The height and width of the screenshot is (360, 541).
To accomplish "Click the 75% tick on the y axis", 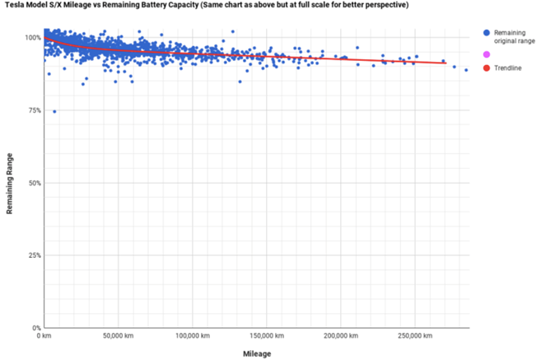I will point(31,110).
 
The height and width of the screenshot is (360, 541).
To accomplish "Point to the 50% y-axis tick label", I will point(31,183).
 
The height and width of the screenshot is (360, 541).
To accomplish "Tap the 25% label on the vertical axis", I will point(31,255).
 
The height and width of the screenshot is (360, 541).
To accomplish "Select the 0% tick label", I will point(33,328).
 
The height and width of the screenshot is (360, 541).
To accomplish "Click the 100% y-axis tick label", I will point(30,38).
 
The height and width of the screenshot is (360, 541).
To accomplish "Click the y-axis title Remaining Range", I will point(10,183).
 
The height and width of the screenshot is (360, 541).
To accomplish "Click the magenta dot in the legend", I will point(486,54).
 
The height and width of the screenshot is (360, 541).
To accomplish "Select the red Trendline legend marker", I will point(486,68).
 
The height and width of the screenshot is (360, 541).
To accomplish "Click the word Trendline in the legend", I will point(508,68).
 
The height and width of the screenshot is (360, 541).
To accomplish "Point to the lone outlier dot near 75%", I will point(54,111).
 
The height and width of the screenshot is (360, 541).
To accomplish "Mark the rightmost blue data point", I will point(466,70).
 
